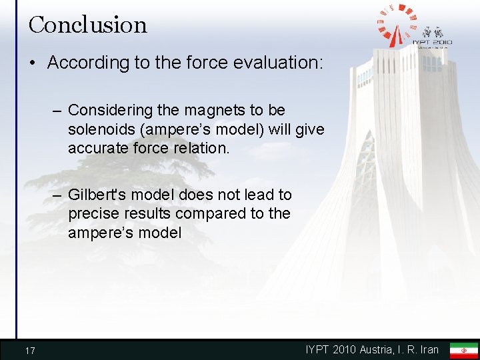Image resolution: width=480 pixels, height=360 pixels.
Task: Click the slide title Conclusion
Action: [87, 25]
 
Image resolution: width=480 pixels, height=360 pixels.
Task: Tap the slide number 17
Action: [30, 351]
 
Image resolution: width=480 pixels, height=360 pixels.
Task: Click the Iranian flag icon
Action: [463, 350]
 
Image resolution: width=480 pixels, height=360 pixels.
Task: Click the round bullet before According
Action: [33, 63]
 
